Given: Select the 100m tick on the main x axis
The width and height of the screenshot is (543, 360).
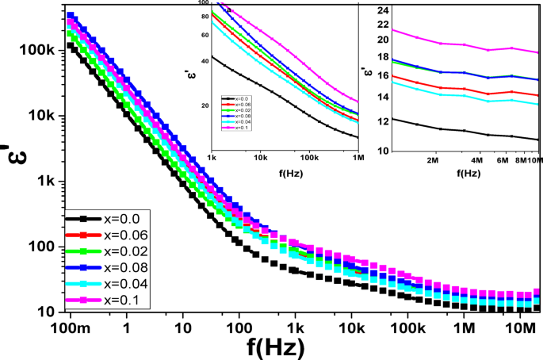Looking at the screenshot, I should pos(71,327).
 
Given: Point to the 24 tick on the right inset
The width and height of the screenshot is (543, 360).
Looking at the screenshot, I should pos(384,10).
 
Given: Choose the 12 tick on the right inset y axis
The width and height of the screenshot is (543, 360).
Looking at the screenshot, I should pos(384,121).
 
